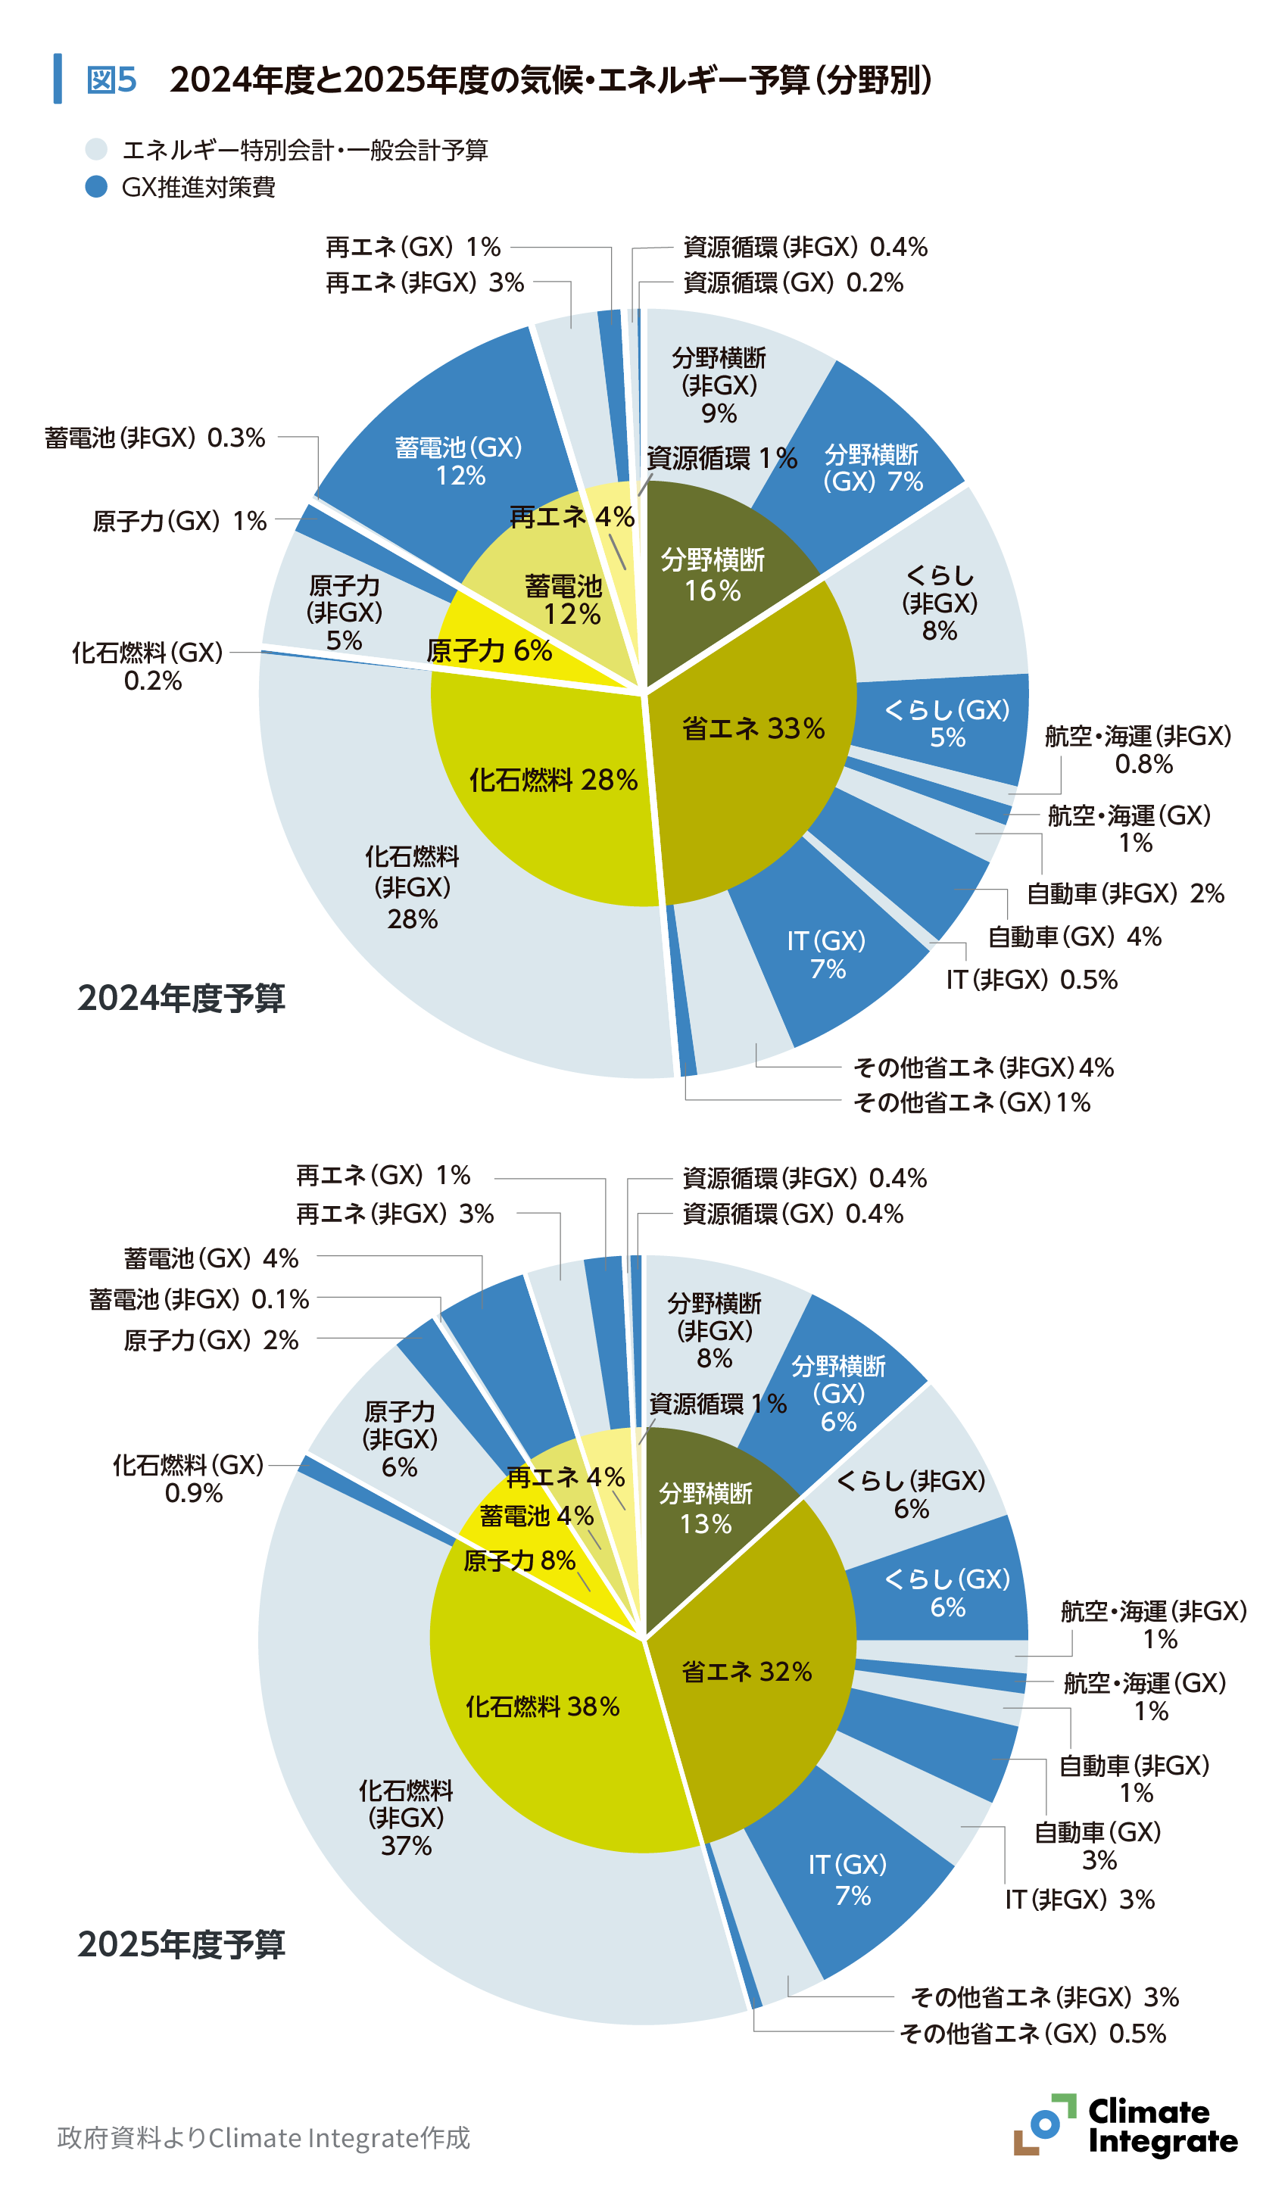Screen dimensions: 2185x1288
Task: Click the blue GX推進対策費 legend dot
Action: pos(96,186)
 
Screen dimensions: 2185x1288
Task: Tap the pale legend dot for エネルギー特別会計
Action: pos(96,149)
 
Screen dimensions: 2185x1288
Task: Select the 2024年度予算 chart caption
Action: pos(182,998)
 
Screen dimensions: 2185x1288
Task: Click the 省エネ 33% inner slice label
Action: pos(753,728)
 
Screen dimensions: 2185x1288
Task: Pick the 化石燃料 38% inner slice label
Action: pos(542,1707)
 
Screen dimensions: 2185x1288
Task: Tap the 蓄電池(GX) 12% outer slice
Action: pos(458,461)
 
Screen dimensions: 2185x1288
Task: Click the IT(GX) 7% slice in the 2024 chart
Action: pos(826,954)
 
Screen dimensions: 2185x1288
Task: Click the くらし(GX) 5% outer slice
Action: pos(947,723)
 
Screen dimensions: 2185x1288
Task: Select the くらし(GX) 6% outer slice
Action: pos(947,1592)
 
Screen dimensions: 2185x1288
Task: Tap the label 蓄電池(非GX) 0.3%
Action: pos(154,438)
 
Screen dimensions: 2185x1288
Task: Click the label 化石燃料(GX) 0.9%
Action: pos(189,1479)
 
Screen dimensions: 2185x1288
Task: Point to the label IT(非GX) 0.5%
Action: pos(1031,980)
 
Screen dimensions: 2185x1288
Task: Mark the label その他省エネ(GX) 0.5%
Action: pos(1032,2033)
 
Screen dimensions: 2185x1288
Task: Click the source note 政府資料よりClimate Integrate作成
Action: pos(263,2137)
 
